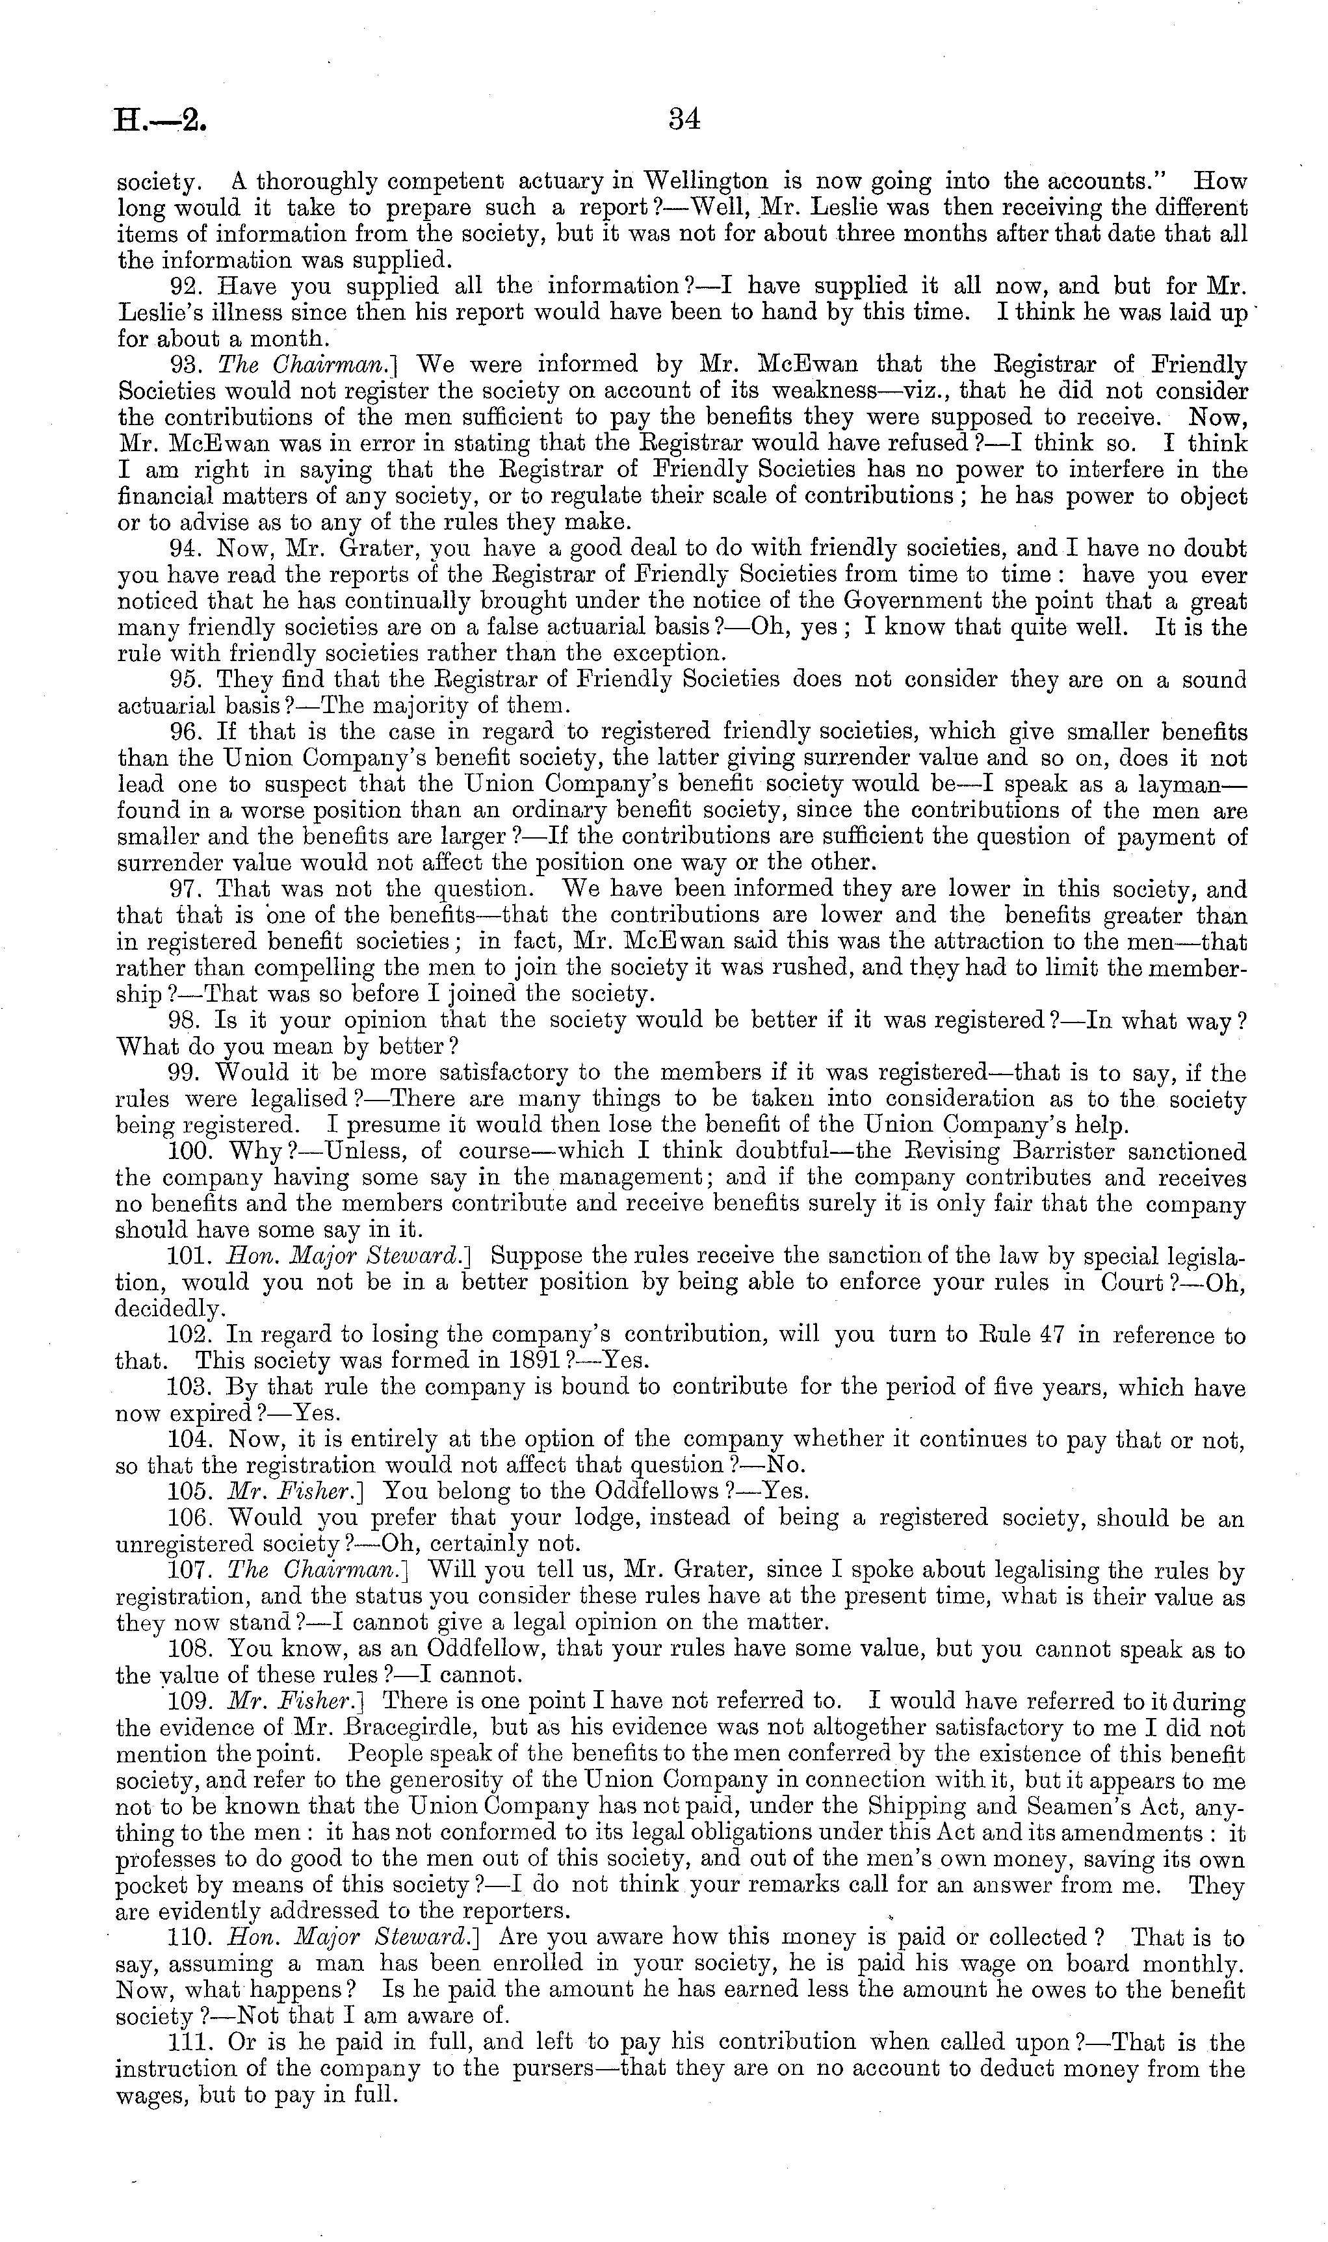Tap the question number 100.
click(189, 1151)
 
